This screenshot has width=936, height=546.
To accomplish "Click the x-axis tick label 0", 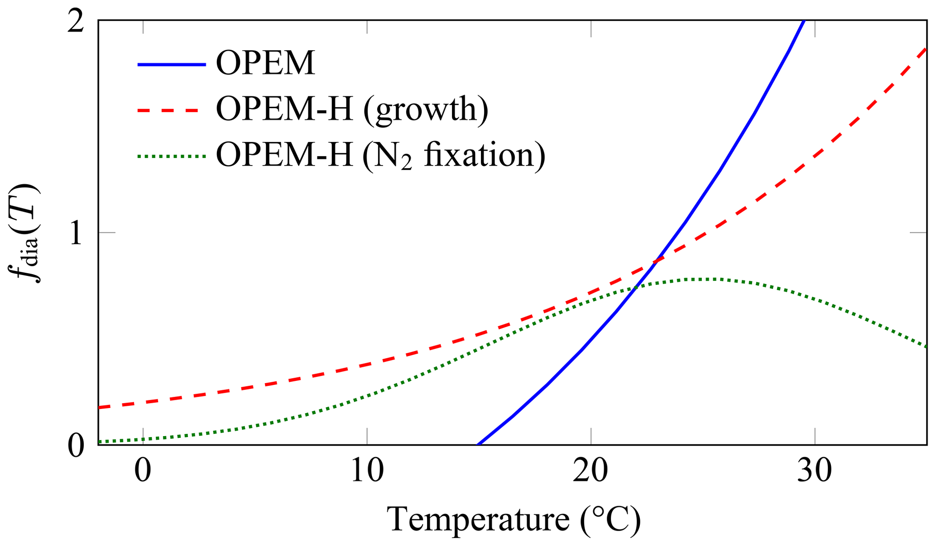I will [x=143, y=471].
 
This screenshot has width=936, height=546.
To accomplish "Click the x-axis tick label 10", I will [x=367, y=471].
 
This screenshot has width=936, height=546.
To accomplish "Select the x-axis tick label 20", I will [x=590, y=471].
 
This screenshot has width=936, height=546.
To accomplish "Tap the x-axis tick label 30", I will [x=815, y=471].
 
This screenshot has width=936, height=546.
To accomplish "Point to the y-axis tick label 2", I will [x=76, y=22].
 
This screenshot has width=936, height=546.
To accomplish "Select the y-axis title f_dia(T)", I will [x=25, y=233].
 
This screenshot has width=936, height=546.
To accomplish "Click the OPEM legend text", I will [x=265, y=64].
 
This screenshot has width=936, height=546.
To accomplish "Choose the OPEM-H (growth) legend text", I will [x=352, y=109].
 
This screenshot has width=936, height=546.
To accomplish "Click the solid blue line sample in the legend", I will [x=172, y=65].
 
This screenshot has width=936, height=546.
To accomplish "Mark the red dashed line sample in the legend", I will [x=172, y=110].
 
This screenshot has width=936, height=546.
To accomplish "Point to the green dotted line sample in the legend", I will [x=172, y=157].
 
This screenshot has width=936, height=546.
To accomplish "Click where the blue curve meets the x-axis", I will [x=478, y=444].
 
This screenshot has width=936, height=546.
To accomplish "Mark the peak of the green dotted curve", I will [x=700, y=279].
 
